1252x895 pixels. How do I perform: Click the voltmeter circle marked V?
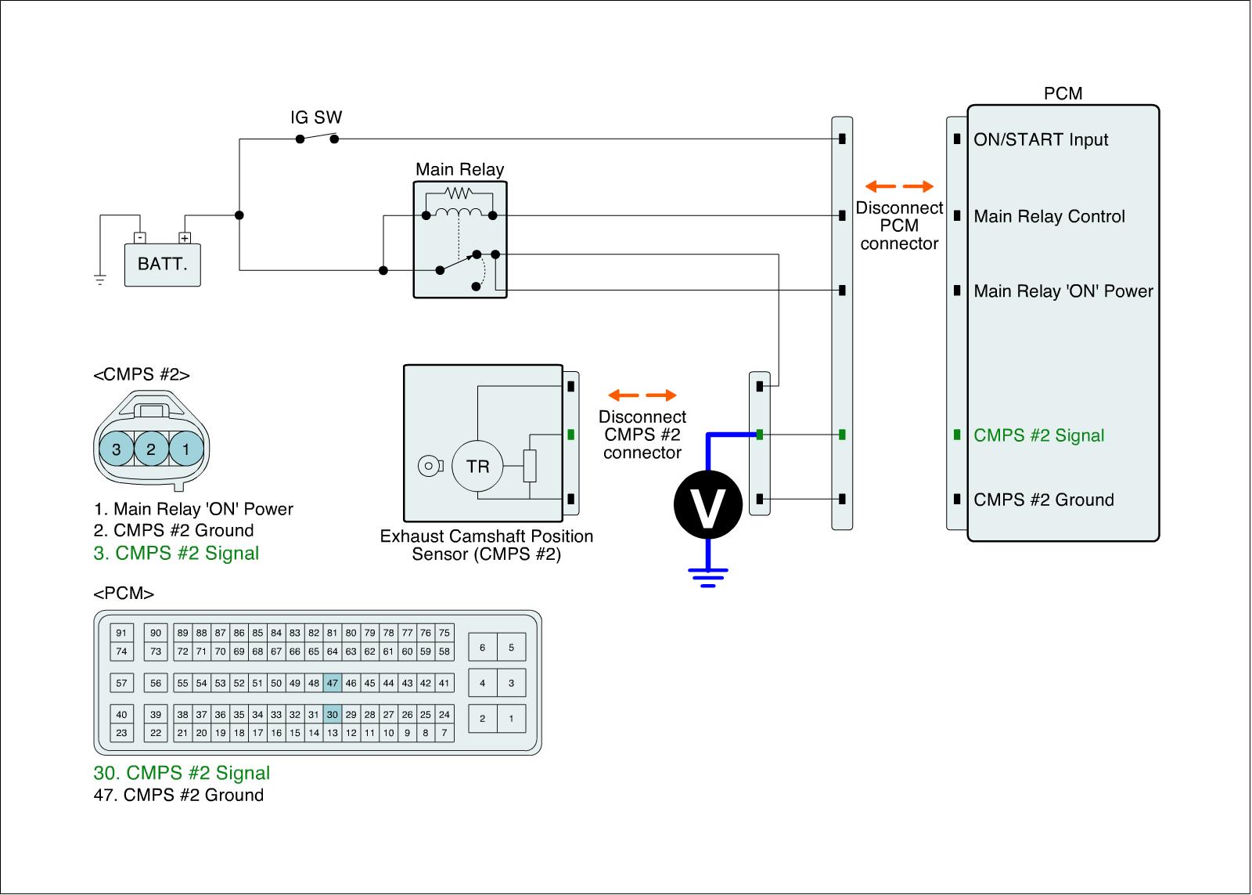(708, 504)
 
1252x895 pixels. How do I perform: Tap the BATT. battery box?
(162, 265)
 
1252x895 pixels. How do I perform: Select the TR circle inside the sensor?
(478, 467)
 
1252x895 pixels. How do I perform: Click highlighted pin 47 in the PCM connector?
(333, 683)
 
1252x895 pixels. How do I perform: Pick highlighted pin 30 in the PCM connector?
(333, 714)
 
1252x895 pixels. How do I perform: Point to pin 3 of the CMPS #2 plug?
(117, 449)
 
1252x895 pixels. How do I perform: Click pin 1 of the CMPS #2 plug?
(186, 449)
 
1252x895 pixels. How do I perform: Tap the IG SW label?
(316, 117)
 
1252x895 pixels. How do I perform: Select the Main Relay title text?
(459, 169)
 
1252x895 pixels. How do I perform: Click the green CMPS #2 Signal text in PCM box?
(1038, 435)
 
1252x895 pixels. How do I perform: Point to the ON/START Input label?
(1041, 139)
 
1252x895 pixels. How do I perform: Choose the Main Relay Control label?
(1049, 216)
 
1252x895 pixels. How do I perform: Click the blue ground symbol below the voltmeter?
(708, 577)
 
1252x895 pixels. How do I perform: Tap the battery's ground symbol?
(100, 280)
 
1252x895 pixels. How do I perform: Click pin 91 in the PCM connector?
(121, 633)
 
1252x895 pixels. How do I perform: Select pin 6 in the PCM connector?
(482, 648)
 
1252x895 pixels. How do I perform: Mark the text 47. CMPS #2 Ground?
(178, 795)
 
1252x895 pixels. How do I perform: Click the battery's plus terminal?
(185, 238)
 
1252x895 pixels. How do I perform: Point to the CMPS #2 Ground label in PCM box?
(1044, 500)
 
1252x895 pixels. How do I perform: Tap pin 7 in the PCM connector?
(444, 733)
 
